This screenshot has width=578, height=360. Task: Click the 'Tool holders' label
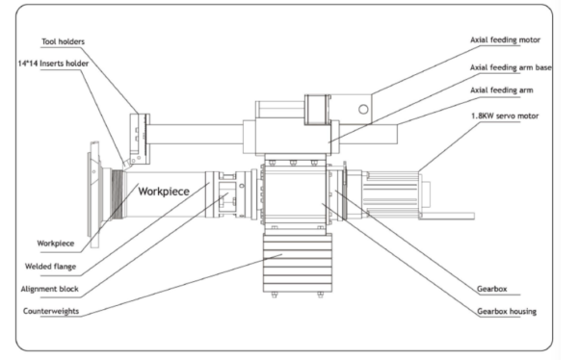click(x=63, y=41)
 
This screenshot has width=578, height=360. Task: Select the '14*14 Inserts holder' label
click(x=53, y=64)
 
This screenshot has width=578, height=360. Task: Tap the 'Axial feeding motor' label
click(x=505, y=39)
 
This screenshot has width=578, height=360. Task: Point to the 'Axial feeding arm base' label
click(x=511, y=67)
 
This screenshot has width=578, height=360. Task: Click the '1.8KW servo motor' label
click(x=505, y=116)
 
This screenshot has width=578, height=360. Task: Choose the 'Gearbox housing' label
click(x=507, y=311)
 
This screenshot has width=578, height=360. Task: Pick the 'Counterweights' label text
click(x=51, y=311)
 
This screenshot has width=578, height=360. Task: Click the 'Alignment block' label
click(x=49, y=289)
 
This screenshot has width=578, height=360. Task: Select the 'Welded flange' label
click(x=50, y=267)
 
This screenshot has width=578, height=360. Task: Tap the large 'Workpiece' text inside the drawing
click(x=164, y=192)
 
